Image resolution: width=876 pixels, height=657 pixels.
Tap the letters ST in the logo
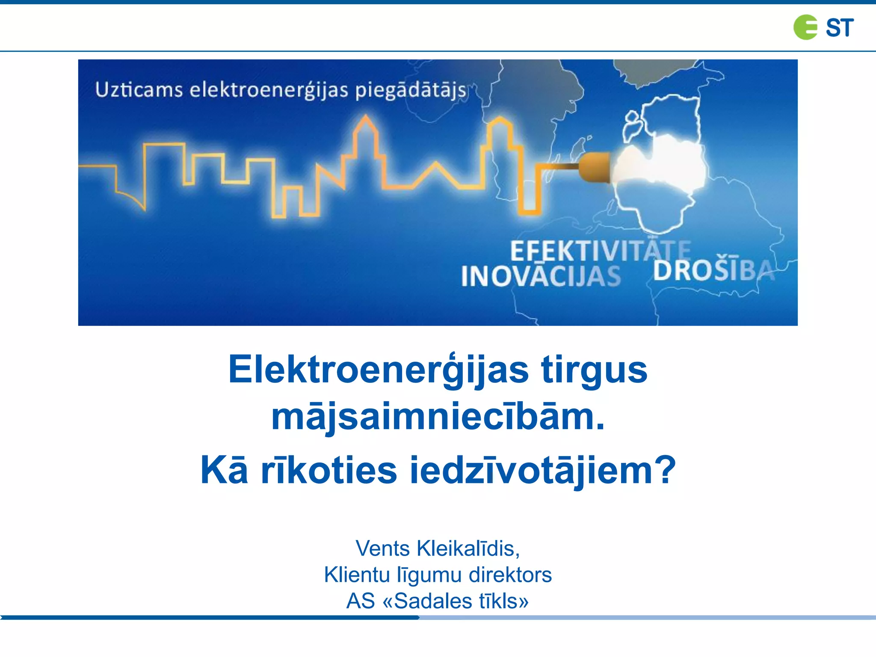tap(839, 28)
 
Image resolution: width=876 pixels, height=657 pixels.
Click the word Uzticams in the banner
tap(139, 90)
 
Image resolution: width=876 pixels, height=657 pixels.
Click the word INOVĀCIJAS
tap(541, 276)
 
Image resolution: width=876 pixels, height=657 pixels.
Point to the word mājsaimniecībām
tap(438, 417)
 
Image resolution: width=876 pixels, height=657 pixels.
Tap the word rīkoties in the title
tap(329, 471)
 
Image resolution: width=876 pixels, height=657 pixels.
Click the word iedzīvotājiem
tap(543, 471)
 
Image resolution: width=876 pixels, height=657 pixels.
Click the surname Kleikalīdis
tap(468, 549)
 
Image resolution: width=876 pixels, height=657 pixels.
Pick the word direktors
tap(510, 575)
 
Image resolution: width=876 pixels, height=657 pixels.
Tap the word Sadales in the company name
tap(433, 601)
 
